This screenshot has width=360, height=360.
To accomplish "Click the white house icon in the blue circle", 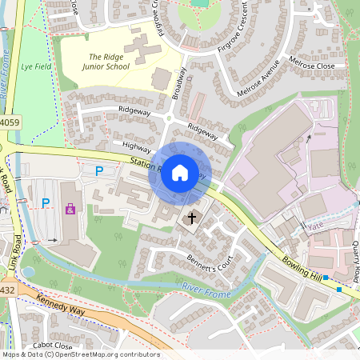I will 180,173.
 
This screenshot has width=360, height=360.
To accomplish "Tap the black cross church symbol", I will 191,218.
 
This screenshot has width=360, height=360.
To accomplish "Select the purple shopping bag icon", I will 70,210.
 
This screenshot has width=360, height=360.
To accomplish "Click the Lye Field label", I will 36,67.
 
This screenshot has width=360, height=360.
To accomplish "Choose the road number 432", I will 7,289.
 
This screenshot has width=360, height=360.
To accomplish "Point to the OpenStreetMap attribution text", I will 80,354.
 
